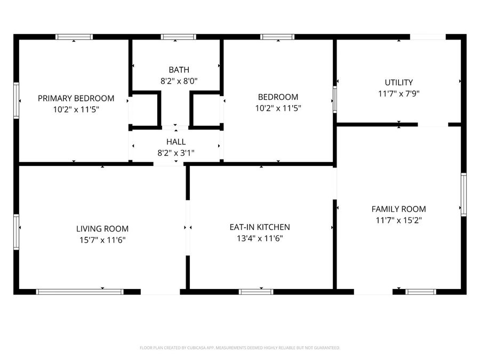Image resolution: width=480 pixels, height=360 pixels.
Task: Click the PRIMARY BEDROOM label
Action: click(76, 98)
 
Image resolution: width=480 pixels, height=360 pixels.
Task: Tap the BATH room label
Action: click(179, 70)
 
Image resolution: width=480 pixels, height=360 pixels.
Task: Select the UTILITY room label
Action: click(398, 82)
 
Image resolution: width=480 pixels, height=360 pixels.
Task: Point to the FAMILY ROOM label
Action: click(398, 209)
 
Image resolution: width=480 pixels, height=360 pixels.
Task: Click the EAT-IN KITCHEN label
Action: click(259, 227)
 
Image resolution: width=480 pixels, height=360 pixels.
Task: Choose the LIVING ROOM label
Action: click(102, 229)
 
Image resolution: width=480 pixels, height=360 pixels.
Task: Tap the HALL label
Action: click(175, 142)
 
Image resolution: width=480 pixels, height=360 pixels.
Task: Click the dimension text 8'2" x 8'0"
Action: click(179, 82)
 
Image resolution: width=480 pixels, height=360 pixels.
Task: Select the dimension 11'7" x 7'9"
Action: click(398, 93)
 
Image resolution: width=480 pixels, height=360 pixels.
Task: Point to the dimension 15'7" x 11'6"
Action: click(102, 240)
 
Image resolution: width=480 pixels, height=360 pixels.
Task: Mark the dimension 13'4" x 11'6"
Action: click(259, 238)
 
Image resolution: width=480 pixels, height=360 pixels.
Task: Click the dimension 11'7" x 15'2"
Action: click(398, 220)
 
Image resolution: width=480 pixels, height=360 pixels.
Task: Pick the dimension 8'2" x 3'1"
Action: click(175, 153)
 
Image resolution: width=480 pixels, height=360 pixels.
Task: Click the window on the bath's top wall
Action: click(179, 37)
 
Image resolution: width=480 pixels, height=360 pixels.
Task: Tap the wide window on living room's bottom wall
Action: click(79, 292)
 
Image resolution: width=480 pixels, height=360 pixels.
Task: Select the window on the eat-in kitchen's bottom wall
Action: click(256, 292)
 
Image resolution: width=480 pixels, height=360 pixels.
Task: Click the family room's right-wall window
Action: click(463, 194)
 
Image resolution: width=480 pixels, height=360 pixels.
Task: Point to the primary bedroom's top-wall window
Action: click(74, 37)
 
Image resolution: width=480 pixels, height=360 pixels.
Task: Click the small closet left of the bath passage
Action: click(144, 110)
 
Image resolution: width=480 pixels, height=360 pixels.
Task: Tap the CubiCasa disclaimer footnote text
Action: click(239, 348)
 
